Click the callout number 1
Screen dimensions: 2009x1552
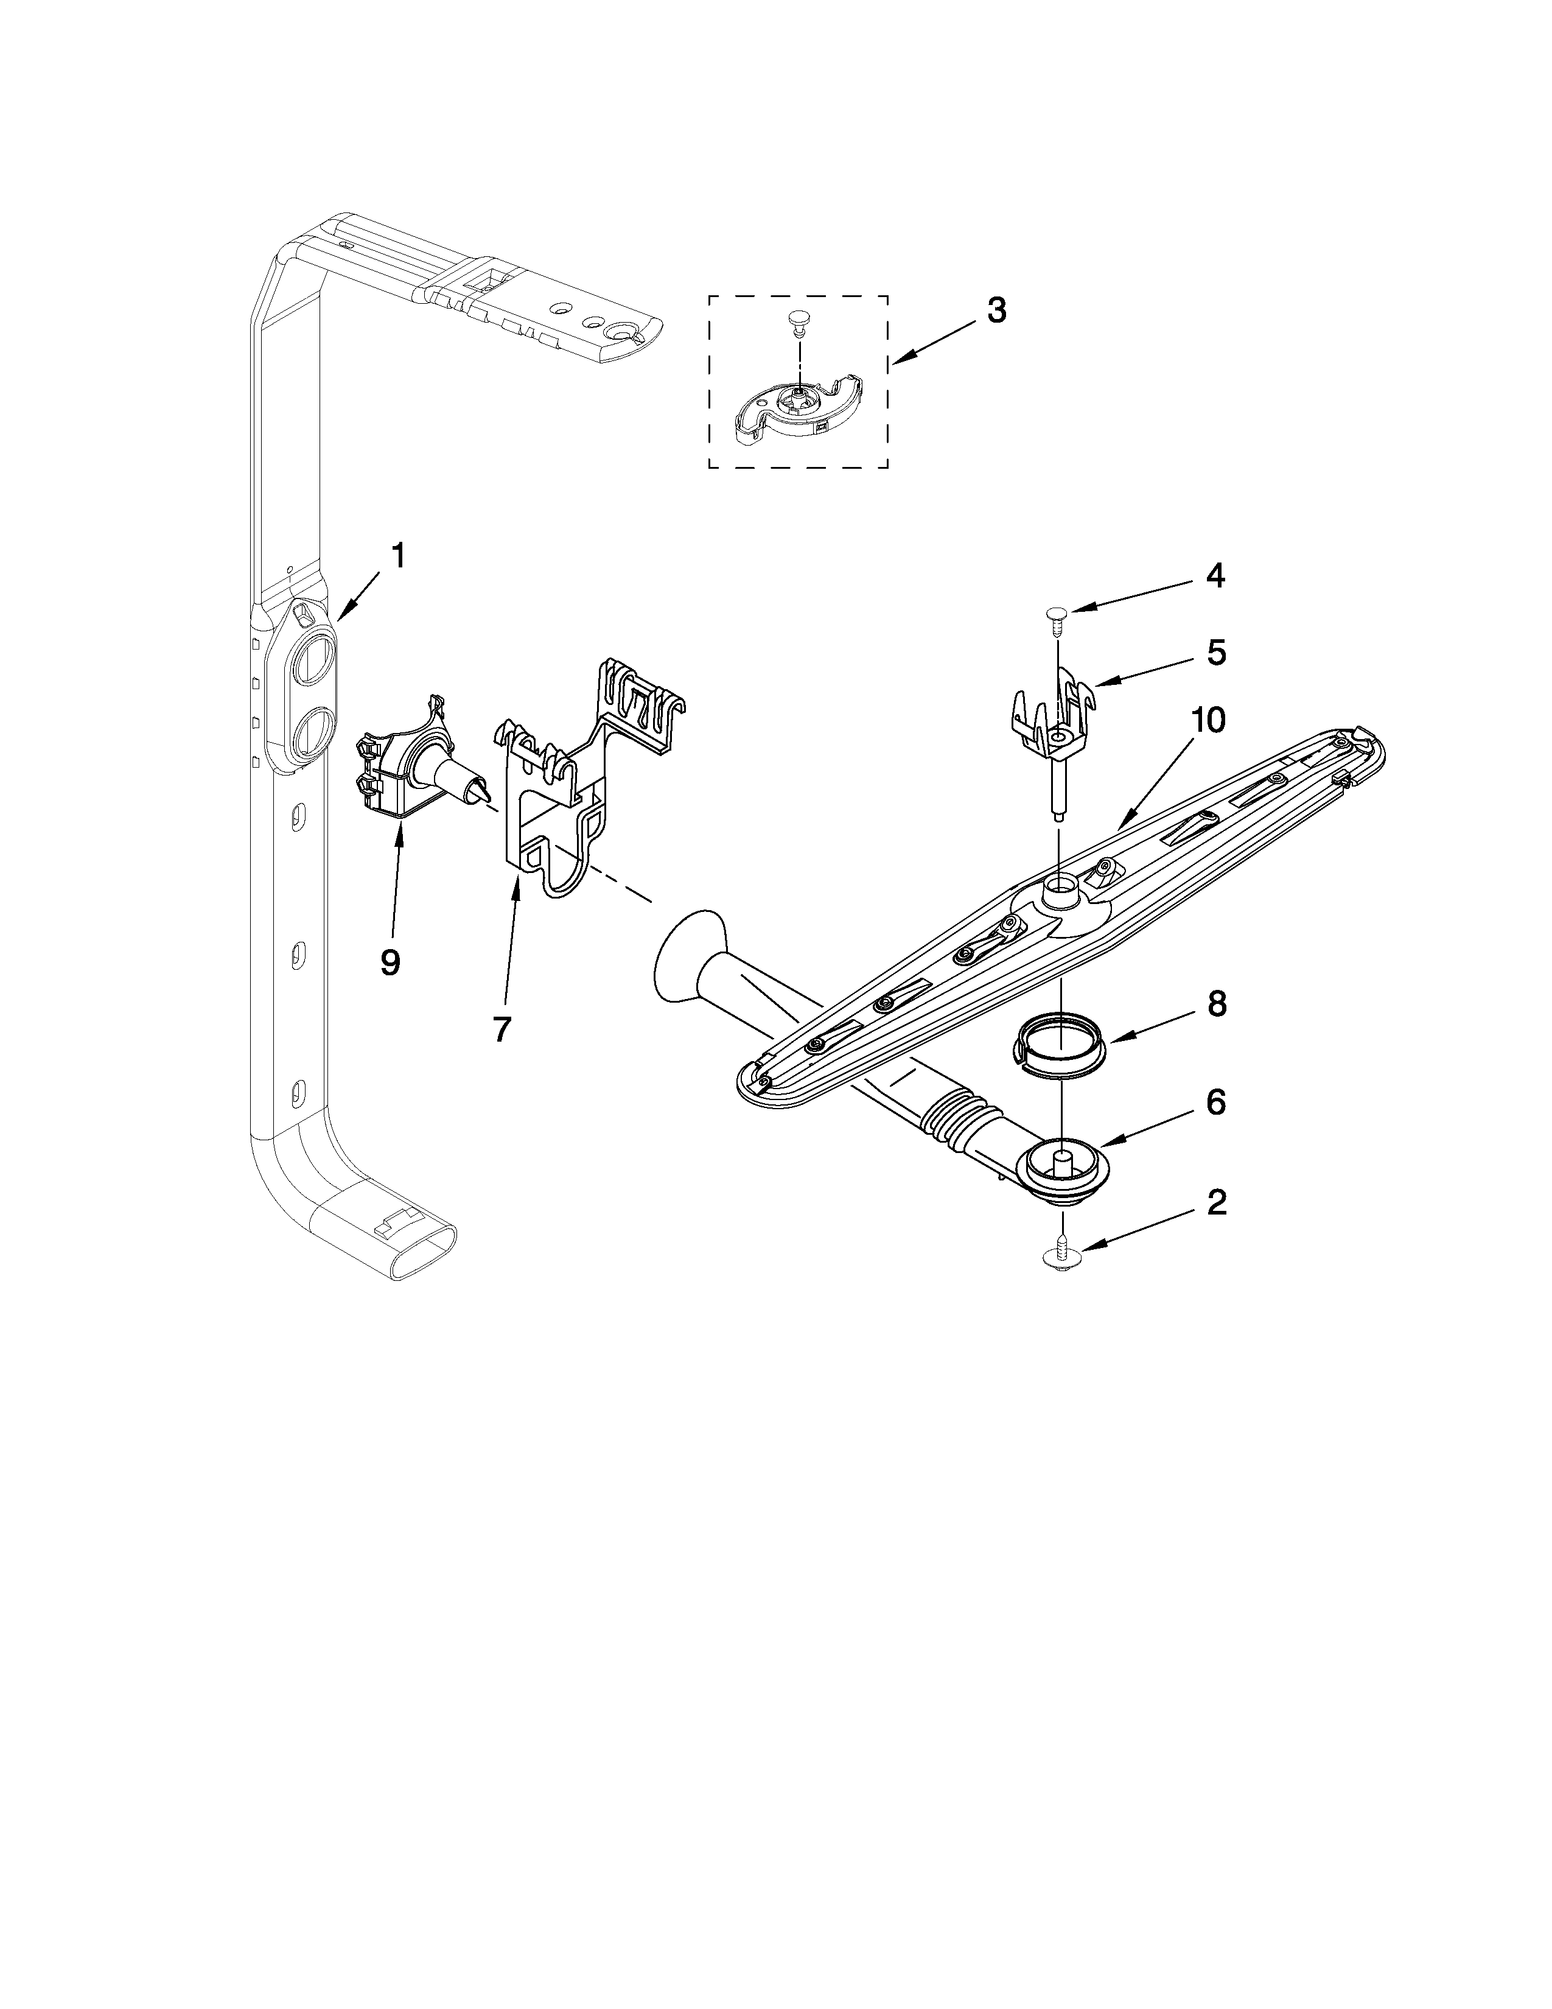[397, 556]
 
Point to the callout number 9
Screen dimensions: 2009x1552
[390, 962]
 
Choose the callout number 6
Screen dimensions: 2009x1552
[1215, 1102]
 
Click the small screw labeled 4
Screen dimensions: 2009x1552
[1057, 615]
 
